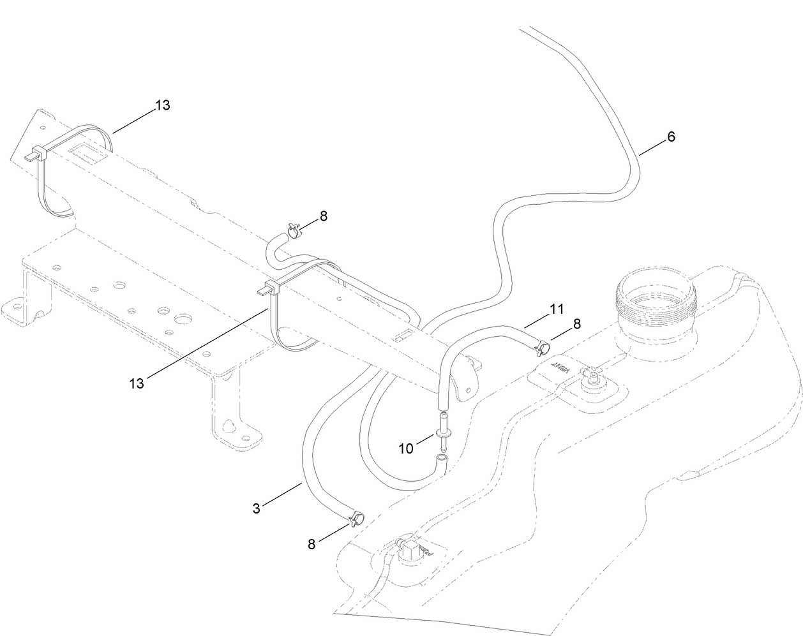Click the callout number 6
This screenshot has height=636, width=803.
[670, 137]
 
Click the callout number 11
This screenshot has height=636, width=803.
[557, 309]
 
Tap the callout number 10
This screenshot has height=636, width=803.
[407, 448]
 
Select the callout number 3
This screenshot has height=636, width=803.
[257, 508]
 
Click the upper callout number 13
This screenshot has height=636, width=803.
[163, 105]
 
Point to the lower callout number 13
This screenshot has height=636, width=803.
[137, 383]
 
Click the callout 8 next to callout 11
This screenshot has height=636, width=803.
[576, 324]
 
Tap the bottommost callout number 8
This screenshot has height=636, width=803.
[311, 544]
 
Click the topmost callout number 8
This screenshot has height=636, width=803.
[324, 216]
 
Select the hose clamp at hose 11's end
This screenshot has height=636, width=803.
[543, 348]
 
